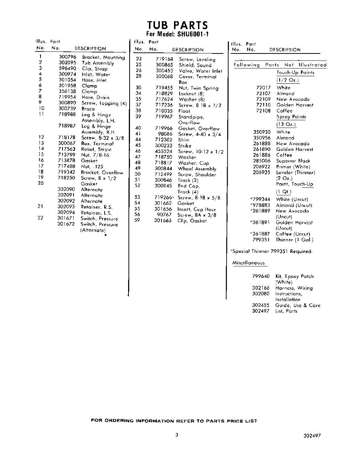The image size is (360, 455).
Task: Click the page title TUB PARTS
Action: pos(177,25)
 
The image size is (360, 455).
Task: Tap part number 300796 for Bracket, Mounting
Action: pos(68,57)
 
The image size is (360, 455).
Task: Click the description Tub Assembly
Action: pos(98,63)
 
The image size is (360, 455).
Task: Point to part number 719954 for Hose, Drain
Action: pos(68,97)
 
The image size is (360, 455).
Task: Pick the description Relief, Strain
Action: pos(96,149)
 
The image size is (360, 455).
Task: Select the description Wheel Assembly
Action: pos(197,169)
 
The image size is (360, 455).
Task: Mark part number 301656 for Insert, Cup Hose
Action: pos(163,209)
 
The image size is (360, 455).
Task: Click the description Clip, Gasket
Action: pos(192,221)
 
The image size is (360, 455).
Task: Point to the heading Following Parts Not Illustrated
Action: pos(280,65)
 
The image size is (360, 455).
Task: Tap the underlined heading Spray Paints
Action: pos(291,117)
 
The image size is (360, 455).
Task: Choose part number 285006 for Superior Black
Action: pos(261,161)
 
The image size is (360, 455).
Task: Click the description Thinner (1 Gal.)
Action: pos(294,240)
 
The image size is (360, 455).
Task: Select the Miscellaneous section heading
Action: pos(248,263)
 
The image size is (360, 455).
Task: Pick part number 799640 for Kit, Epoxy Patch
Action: pos(261,276)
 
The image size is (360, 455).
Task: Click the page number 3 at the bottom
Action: pos(177,435)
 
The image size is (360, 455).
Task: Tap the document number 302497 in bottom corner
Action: pos(312,436)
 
